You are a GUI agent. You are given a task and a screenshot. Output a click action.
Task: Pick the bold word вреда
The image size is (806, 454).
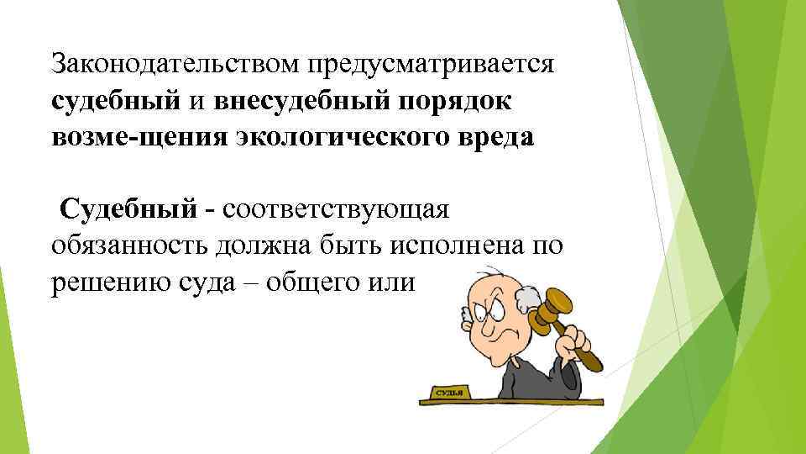coord(493,138)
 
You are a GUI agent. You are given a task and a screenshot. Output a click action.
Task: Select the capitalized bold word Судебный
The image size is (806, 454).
coord(127,208)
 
